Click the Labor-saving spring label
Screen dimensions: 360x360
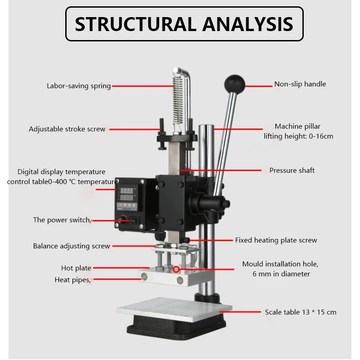(79, 86)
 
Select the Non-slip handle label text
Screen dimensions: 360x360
(300, 84)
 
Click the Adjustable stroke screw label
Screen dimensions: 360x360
(67, 129)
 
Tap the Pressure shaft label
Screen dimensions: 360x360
(292, 171)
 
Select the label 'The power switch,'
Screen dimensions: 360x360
(62, 220)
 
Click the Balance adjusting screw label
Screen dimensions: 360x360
(72, 246)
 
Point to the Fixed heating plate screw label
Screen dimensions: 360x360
(276, 240)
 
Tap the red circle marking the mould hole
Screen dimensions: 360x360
(176, 270)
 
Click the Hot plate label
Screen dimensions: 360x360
(76, 268)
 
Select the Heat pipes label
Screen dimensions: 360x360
(72, 280)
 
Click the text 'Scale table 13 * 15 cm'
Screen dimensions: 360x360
(300, 312)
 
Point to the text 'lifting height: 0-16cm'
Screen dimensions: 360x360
(298, 136)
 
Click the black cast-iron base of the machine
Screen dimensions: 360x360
(175, 332)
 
